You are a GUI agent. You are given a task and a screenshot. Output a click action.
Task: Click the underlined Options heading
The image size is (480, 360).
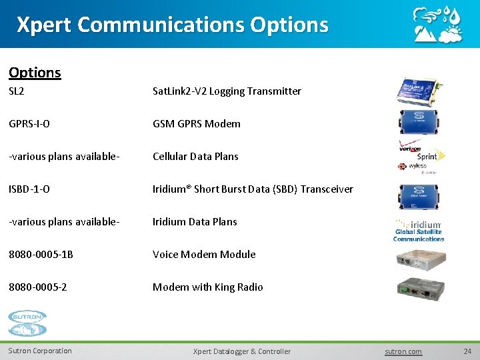[35, 73]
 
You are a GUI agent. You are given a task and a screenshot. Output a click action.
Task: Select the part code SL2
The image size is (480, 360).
[17, 91]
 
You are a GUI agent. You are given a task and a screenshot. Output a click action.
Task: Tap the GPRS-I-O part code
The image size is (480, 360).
[29, 124]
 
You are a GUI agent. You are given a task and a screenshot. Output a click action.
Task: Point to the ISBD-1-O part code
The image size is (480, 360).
[29, 189]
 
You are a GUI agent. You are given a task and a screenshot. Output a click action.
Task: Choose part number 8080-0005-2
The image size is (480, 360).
[37, 287]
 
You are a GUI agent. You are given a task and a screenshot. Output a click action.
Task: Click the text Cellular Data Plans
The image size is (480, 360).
[195, 157]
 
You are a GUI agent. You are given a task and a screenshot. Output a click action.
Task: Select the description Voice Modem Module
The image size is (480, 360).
[204, 255]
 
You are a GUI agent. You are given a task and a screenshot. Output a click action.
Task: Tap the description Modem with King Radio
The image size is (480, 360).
[207, 287]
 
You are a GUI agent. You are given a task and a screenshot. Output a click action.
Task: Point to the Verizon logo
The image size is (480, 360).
[409, 148]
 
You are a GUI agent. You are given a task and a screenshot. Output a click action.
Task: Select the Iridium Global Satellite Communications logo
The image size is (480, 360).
[419, 231]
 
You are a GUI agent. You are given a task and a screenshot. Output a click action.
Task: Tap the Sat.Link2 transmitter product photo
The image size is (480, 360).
[419, 91]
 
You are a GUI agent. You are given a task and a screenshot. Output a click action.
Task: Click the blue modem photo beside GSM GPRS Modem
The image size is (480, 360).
[419, 123]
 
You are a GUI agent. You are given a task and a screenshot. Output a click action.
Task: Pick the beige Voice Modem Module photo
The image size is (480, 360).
[419, 259]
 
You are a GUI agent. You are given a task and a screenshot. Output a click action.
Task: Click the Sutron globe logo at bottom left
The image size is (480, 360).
[27, 323]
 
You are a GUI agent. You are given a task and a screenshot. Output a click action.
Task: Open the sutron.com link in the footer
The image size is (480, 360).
[403, 351]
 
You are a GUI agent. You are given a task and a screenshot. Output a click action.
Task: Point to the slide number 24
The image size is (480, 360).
[467, 351]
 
